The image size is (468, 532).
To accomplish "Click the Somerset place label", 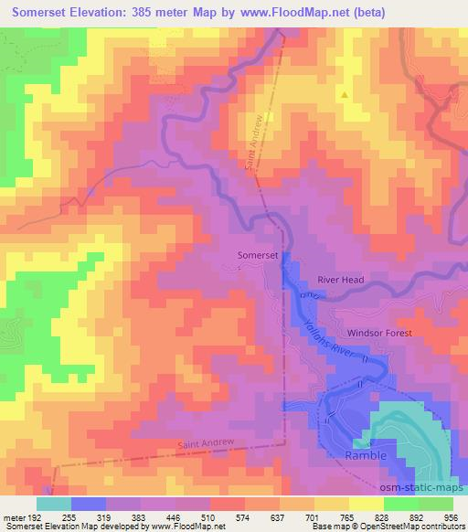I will [x=257, y=258].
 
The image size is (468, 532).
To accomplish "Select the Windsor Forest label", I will [x=379, y=334].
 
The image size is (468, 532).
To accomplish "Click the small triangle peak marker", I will [x=345, y=93].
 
